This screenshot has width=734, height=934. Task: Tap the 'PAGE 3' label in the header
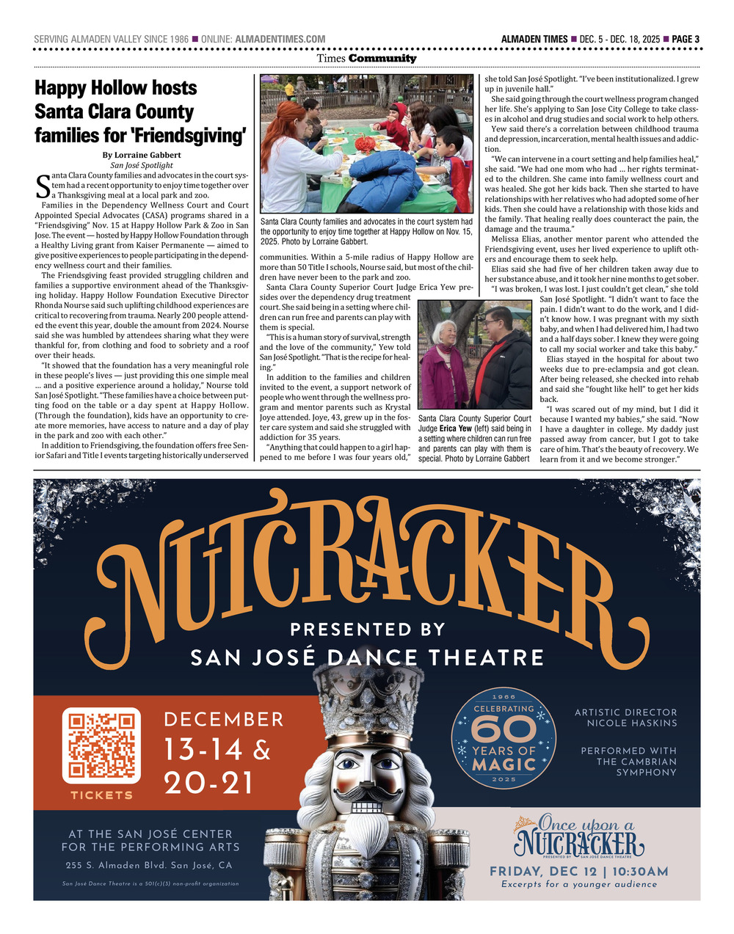(686, 39)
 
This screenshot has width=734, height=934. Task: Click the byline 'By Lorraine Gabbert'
(142, 155)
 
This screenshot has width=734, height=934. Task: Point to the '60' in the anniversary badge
(504, 729)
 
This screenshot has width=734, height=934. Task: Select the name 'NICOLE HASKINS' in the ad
(632, 723)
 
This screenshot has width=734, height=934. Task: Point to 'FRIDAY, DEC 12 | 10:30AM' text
(579, 872)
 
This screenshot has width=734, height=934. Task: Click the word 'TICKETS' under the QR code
(102, 795)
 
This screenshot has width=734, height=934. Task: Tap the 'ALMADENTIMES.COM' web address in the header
(280, 39)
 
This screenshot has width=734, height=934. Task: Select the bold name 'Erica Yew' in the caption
(455, 428)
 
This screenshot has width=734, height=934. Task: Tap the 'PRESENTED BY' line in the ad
(368, 630)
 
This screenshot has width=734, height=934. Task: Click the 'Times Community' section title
(366, 59)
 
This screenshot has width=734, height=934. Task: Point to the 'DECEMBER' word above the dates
(224, 719)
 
